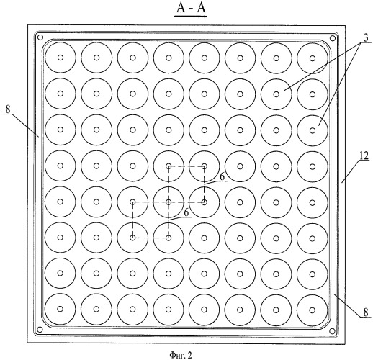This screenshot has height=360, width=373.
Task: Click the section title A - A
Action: pyautogui.click(x=191, y=8)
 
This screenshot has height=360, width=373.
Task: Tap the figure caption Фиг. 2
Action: pyautogui.click(x=181, y=354)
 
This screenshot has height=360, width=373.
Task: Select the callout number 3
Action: pyautogui.click(x=366, y=38)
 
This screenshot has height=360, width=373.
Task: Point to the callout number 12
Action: pyautogui.click(x=364, y=156)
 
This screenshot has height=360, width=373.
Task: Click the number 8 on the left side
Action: pyautogui.click(x=9, y=109)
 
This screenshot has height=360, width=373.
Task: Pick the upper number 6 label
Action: pyautogui.click(x=222, y=176)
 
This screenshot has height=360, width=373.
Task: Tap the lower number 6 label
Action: pyautogui.click(x=186, y=212)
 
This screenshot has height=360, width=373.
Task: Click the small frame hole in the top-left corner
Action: pyautogui.click(x=40, y=37)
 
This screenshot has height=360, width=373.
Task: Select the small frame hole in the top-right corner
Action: pyautogui.click(x=333, y=38)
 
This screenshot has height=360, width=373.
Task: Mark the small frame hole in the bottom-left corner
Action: pyautogui.click(x=40, y=329)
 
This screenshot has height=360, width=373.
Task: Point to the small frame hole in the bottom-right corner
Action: pyautogui.click(x=333, y=331)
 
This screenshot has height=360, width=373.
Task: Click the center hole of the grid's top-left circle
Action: pyautogui.click(x=60, y=58)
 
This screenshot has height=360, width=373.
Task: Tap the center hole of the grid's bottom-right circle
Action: pyautogui.click(x=312, y=310)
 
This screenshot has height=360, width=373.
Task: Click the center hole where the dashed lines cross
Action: pyautogui.click(x=168, y=202)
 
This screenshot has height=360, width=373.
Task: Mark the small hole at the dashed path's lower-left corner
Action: pyautogui.click(x=132, y=238)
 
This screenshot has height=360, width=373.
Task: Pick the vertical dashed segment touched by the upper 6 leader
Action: pyautogui.click(x=205, y=184)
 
